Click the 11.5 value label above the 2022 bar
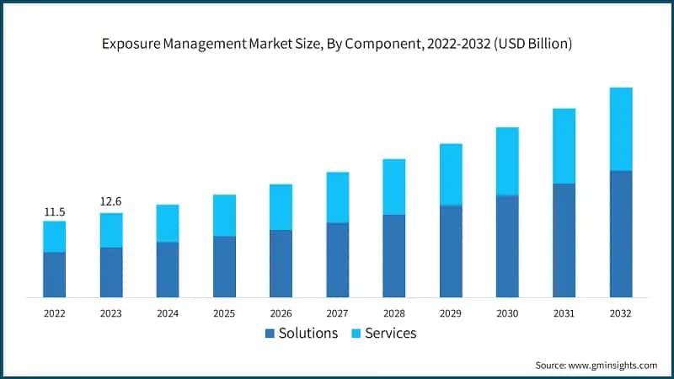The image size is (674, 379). (55, 211)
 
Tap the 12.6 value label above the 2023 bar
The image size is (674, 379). (111, 201)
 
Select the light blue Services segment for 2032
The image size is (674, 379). (620, 129)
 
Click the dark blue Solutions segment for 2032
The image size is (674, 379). (620, 233)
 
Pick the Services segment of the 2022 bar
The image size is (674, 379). (55, 237)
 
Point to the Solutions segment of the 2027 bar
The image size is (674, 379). (338, 259)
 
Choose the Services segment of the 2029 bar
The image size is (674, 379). (451, 174)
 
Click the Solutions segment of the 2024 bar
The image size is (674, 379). (168, 270)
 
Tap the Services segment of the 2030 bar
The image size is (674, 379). (507, 162)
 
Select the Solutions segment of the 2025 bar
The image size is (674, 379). (224, 266)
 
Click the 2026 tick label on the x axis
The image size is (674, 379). (281, 312)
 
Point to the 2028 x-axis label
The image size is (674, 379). (394, 312)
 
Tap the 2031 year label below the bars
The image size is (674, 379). (564, 312)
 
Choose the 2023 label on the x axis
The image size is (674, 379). (111, 312)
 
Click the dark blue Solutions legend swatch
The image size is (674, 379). (270, 334)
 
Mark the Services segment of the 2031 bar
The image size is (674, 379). (564, 146)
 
